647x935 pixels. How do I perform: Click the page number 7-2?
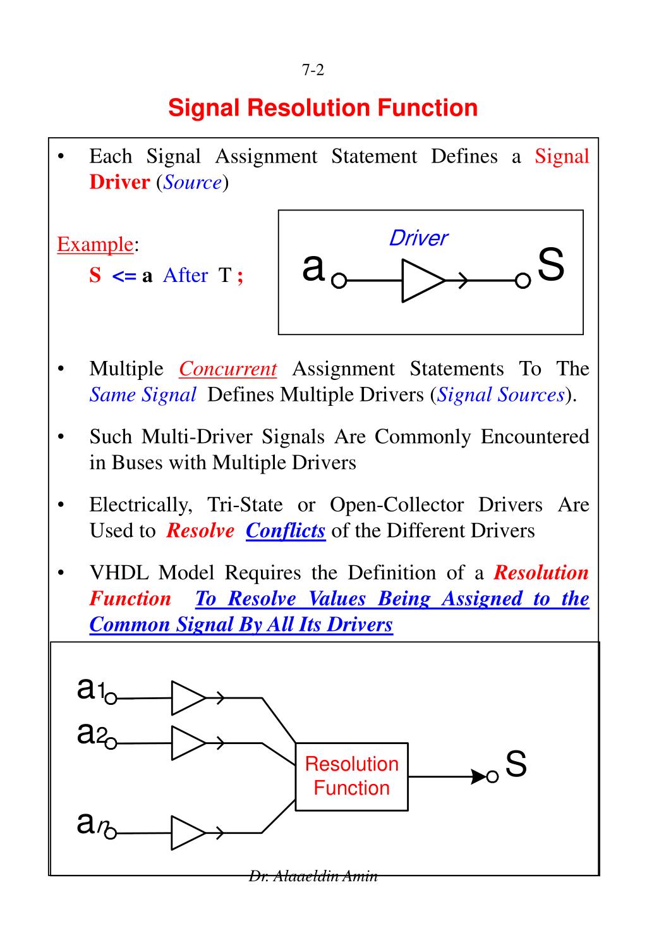(313, 70)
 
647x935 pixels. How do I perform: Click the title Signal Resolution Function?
(323, 108)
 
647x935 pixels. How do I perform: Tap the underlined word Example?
(95, 244)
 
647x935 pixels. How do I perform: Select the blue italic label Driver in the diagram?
(418, 238)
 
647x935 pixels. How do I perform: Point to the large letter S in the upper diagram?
(550, 266)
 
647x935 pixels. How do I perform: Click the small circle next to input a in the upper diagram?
(339, 281)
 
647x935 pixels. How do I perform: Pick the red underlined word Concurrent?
(227, 369)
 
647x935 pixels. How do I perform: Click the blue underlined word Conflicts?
(286, 530)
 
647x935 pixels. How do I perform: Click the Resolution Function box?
(352, 776)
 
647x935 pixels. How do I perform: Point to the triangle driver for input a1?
(188, 698)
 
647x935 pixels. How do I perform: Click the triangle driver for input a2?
(188, 743)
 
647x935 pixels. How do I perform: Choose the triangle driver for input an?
(188, 833)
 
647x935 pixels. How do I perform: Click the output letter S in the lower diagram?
(516, 764)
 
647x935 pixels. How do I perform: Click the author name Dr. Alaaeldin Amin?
(313, 876)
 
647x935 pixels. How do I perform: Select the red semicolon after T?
(240, 276)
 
